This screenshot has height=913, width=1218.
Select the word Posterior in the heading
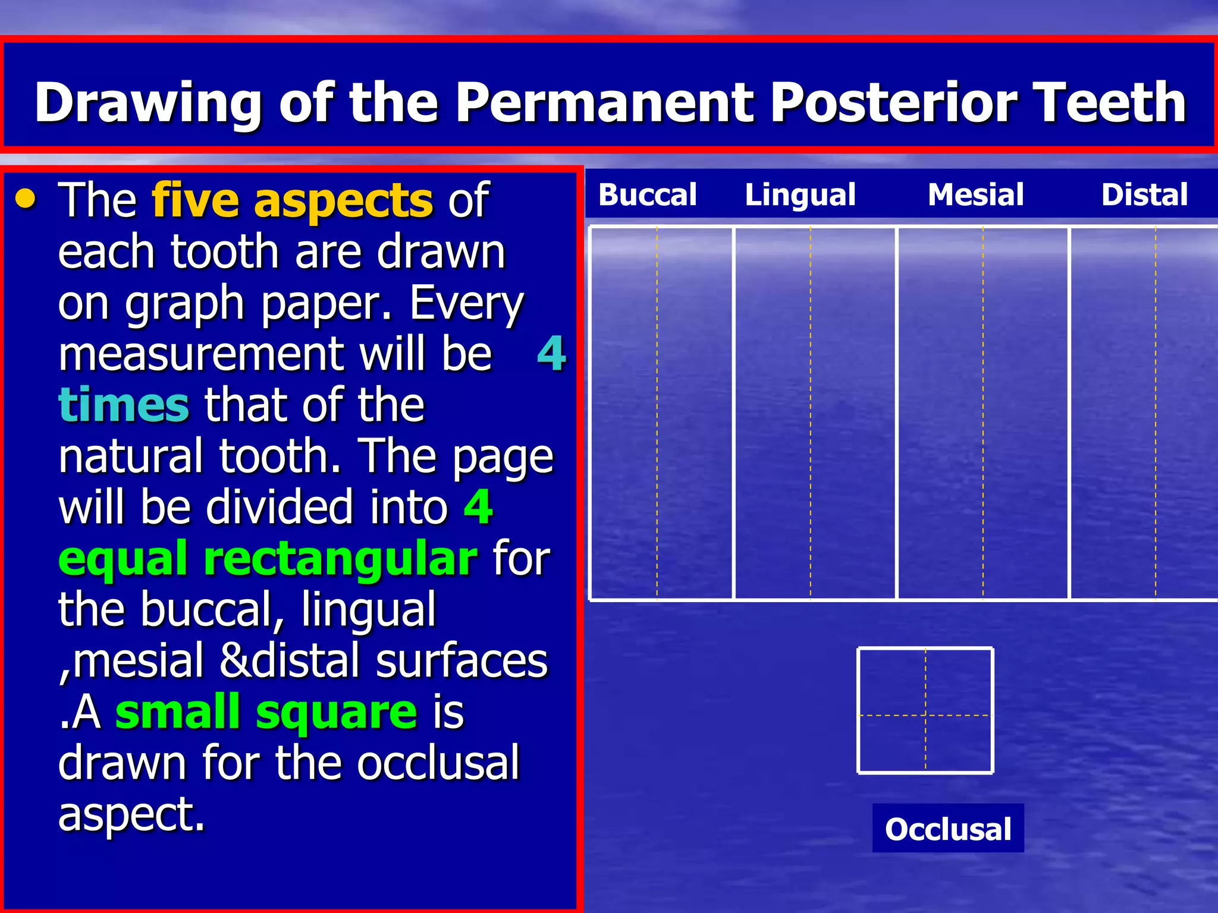point(892,102)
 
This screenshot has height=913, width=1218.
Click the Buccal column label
point(647,194)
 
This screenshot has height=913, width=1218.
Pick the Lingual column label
point(800,194)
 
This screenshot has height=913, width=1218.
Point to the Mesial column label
point(975,194)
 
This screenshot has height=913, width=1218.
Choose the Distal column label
point(1144,194)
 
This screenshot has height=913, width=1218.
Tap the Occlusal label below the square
point(948,829)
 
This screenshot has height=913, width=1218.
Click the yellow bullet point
point(26,200)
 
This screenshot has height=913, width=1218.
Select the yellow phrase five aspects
point(292,200)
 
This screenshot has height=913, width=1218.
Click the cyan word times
point(124,405)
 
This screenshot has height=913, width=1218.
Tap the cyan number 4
point(551,354)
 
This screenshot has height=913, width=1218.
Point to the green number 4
point(478,507)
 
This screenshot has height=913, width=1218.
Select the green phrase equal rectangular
point(268,559)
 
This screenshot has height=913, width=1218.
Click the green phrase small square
point(266,711)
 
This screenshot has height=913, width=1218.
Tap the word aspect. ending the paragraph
point(131,814)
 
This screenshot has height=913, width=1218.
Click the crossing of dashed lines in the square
point(925,715)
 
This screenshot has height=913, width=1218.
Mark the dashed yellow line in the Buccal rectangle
point(657,416)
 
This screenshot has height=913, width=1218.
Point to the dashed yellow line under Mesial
point(983,416)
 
